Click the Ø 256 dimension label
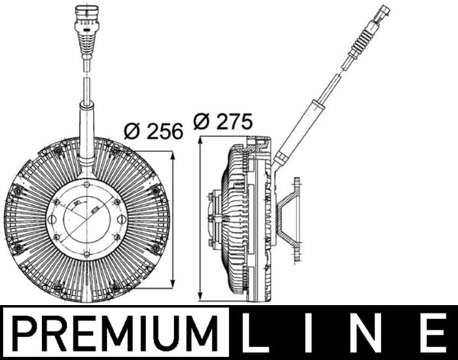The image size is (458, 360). point(153,130)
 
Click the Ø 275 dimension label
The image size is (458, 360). point(224,121)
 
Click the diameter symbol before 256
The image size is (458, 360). point(131,130)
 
